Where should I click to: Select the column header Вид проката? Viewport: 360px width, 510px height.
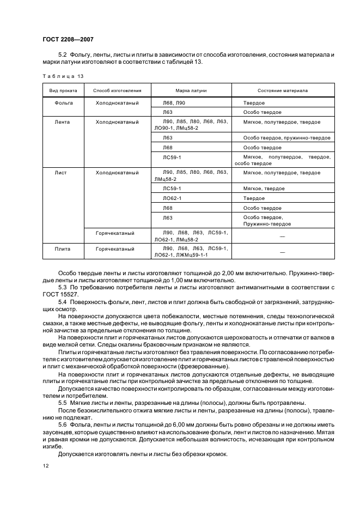click(64, 90)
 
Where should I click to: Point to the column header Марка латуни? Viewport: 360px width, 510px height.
click(191, 90)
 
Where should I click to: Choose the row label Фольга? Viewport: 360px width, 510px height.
click(64, 102)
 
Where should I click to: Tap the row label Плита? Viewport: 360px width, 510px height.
click(64, 248)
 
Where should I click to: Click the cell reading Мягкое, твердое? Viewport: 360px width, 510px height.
click(264, 188)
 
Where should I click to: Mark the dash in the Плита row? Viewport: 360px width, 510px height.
click(282, 252)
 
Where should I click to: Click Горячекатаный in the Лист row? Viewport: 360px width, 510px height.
click(115, 233)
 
